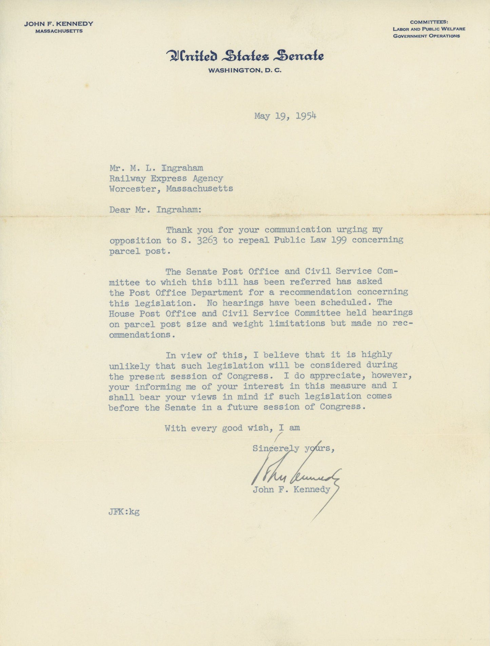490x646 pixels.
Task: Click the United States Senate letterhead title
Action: (245, 56)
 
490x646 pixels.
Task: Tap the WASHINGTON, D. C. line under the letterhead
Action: (244, 71)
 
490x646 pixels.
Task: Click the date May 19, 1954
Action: (285, 116)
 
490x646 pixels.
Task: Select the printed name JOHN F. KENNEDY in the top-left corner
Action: (59, 24)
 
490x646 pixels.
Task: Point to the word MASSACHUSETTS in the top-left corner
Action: (59, 31)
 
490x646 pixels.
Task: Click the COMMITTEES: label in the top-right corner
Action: (429, 22)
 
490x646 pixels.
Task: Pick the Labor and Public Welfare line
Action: (429, 29)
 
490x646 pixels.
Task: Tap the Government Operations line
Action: (427, 36)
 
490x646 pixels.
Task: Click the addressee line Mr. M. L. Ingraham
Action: (156, 168)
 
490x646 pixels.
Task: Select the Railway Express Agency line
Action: (166, 178)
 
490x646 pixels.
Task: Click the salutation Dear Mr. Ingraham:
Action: (155, 210)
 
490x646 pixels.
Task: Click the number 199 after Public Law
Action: (339, 240)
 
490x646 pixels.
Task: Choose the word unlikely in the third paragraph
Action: (129, 366)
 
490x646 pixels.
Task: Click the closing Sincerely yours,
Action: (294, 449)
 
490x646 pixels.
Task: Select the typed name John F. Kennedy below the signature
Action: (291, 490)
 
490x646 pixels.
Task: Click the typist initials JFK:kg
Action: (124, 512)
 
